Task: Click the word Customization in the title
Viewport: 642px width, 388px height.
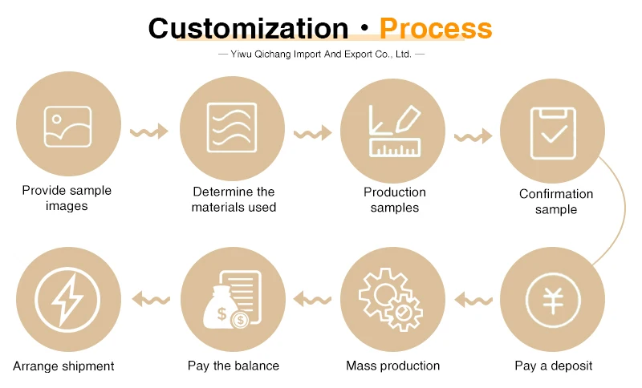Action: (248, 28)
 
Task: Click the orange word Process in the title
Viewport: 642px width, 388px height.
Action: (436, 28)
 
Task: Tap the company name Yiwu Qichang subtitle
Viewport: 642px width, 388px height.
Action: (321, 55)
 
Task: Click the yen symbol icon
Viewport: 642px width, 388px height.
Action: (553, 300)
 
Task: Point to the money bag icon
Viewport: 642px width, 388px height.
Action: (230, 300)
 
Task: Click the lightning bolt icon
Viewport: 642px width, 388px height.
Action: (67, 300)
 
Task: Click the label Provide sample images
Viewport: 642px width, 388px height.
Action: (67, 198)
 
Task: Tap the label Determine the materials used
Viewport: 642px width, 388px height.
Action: (234, 200)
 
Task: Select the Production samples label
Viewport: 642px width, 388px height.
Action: (395, 200)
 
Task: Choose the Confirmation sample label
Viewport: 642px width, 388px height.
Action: (556, 201)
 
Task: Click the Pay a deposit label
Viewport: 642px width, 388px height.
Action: (554, 366)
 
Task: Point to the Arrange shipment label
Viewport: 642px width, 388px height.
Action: (63, 366)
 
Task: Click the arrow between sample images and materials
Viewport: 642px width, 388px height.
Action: (148, 131)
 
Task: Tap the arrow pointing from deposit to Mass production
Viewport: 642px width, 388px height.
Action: (473, 300)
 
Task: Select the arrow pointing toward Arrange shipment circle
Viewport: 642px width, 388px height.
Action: (150, 300)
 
